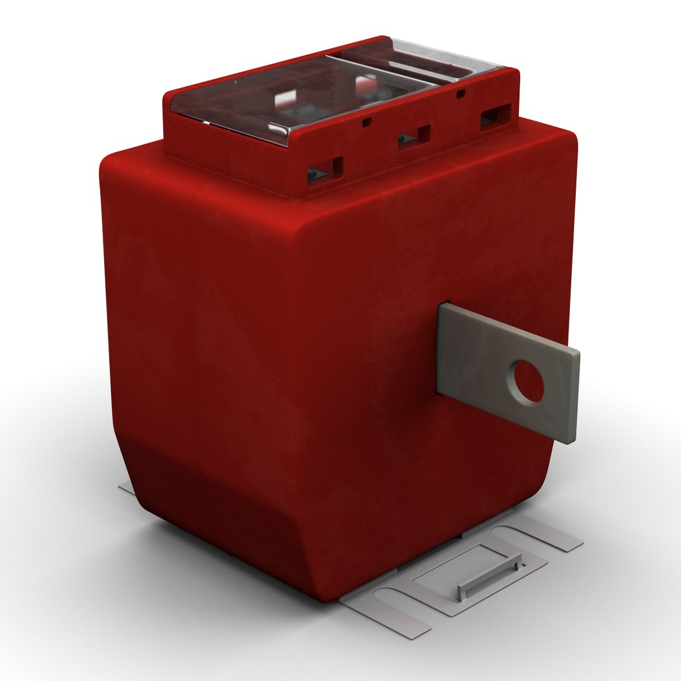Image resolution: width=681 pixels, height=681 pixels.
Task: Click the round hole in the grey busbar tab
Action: point(528,382)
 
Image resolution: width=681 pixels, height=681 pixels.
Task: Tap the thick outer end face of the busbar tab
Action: point(572,397)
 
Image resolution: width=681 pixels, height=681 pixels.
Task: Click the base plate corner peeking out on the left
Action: point(125,489)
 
